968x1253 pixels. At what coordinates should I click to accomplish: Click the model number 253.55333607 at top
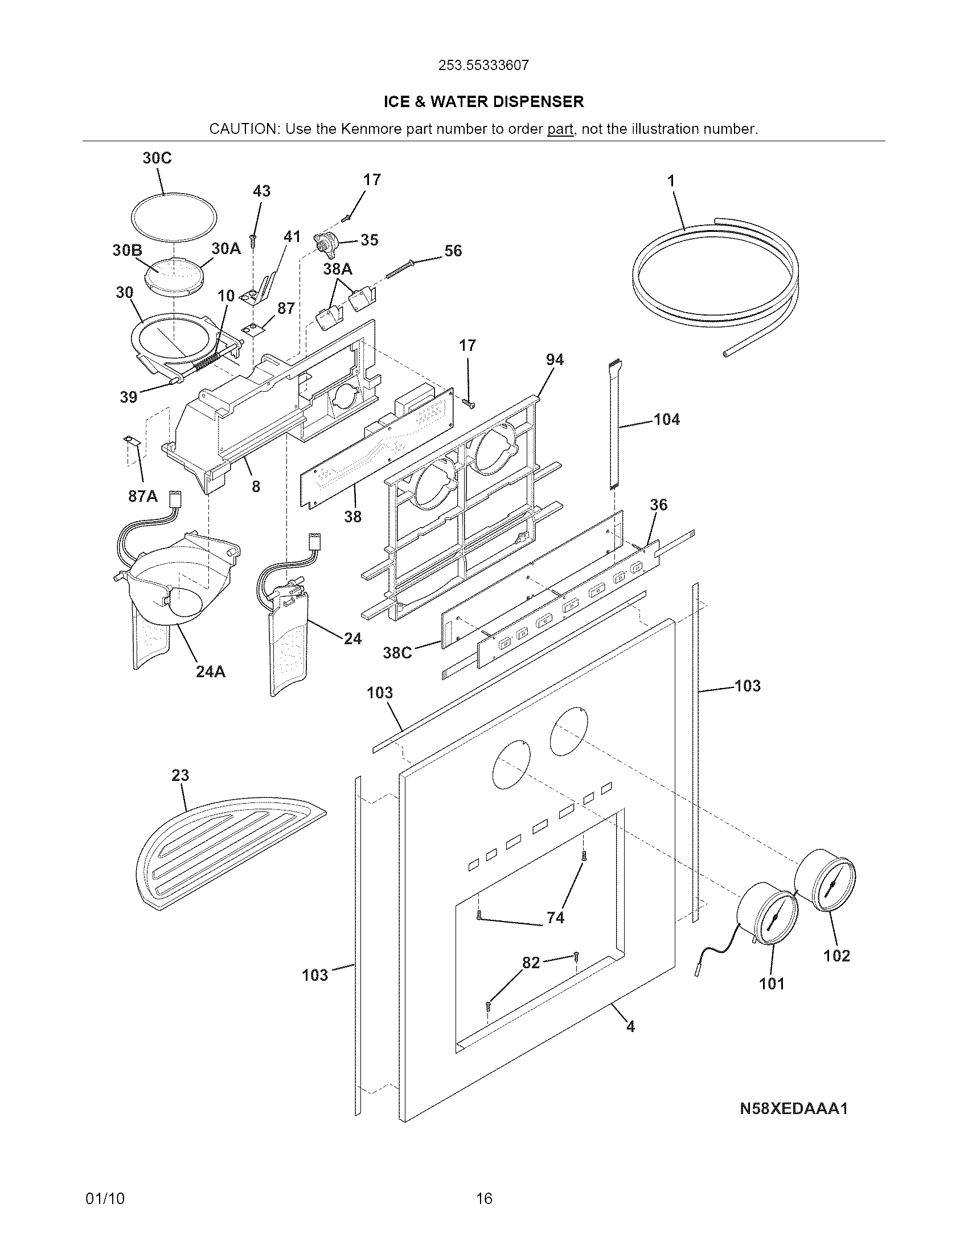[x=483, y=65]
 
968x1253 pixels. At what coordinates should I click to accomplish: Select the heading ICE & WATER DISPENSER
[x=483, y=102]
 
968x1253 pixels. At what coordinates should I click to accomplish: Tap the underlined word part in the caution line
[x=560, y=129]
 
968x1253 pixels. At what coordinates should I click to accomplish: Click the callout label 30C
[x=157, y=158]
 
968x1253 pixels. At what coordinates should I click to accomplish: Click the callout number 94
[x=555, y=360]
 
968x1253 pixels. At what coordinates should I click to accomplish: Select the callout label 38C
[x=397, y=653]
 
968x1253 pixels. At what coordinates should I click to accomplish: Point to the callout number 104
[x=667, y=420]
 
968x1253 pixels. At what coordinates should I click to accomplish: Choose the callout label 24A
[x=211, y=671]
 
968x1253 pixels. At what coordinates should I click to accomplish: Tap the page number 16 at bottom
[x=484, y=1198]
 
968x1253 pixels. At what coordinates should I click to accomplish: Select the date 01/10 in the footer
[x=104, y=1198]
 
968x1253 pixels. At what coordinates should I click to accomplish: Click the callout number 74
[x=555, y=918]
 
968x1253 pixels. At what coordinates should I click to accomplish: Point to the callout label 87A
[x=142, y=496]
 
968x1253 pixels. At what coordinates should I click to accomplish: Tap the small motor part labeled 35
[x=327, y=245]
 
